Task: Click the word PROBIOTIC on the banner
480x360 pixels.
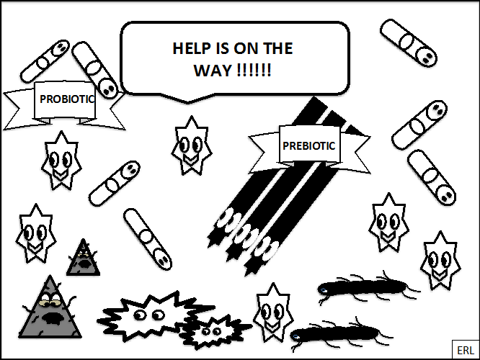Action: (x=67, y=99)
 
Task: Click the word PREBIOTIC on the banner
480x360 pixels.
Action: (x=309, y=146)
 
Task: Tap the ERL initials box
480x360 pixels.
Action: (x=466, y=350)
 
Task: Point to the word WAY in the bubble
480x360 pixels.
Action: (x=213, y=71)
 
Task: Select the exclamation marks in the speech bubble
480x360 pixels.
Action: (x=254, y=71)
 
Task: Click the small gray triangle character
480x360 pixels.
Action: (x=83, y=258)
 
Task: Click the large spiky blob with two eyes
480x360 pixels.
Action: (x=153, y=315)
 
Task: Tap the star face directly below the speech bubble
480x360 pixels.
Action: (x=192, y=146)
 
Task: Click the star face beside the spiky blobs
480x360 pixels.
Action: (x=273, y=312)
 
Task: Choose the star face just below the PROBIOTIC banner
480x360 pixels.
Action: (x=61, y=161)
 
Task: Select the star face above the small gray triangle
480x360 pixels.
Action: (x=36, y=234)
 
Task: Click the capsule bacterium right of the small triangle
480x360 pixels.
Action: (x=148, y=239)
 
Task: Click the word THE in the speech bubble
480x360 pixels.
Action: (x=278, y=48)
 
